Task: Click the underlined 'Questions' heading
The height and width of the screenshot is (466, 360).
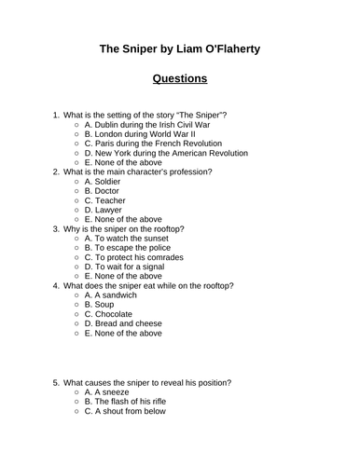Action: click(x=180, y=78)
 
